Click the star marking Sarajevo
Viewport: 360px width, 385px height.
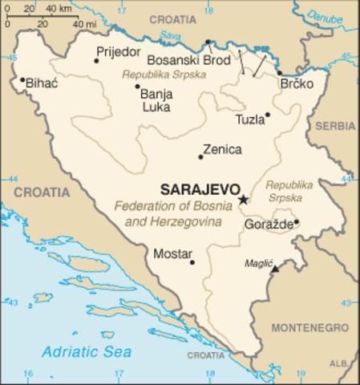click(x=244, y=199)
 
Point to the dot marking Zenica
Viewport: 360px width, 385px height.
click(x=200, y=156)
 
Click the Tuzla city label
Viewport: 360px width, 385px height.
click(x=249, y=120)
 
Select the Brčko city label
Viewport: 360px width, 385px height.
click(x=293, y=83)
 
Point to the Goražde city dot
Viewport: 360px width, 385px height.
click(x=296, y=222)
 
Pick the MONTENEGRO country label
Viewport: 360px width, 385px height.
click(x=309, y=328)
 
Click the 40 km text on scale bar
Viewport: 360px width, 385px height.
click(x=57, y=8)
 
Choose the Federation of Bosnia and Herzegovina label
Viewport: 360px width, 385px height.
click(x=167, y=213)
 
